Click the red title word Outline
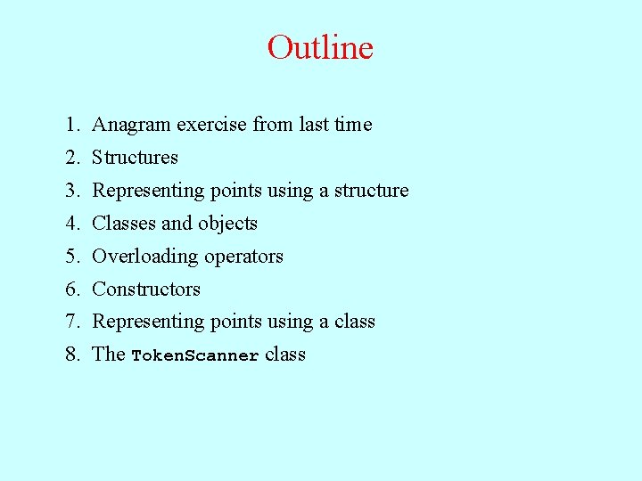point(320,47)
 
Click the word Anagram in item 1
point(131,125)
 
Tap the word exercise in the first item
point(212,125)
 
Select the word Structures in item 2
point(135,158)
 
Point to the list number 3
point(70,191)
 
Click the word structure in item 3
point(371,191)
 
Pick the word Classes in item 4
point(124,224)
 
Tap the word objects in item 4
point(227,224)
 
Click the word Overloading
point(145,257)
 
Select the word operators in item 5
point(243,257)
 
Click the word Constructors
point(146,289)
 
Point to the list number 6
point(70,289)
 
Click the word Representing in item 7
point(148,322)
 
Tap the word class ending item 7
point(355,322)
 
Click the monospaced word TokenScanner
point(195,355)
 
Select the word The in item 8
point(108,355)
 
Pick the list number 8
point(70,355)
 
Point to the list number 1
point(70,125)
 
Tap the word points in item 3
point(236,191)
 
